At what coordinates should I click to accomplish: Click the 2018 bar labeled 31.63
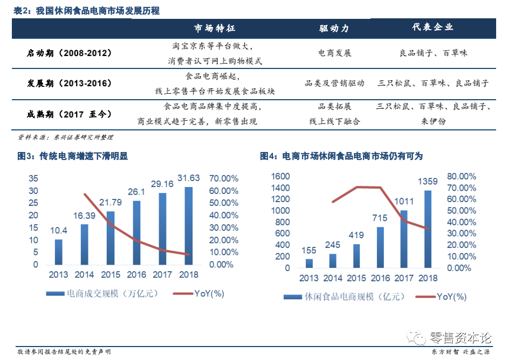coord(189,226)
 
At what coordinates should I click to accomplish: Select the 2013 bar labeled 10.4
coord(59,252)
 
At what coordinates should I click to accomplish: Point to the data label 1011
coord(404,202)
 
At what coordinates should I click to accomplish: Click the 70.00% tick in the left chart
coord(223,178)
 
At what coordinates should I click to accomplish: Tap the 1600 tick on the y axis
coord(280,176)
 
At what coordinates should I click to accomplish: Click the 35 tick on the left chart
coord(33,178)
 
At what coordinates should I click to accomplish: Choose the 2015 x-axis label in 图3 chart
coord(111,275)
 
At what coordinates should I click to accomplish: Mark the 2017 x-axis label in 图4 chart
coord(403,278)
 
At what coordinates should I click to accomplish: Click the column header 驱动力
coord(334,28)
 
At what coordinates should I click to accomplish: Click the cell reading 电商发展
coord(334,53)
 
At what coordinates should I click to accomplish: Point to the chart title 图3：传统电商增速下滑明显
coord(72,156)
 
